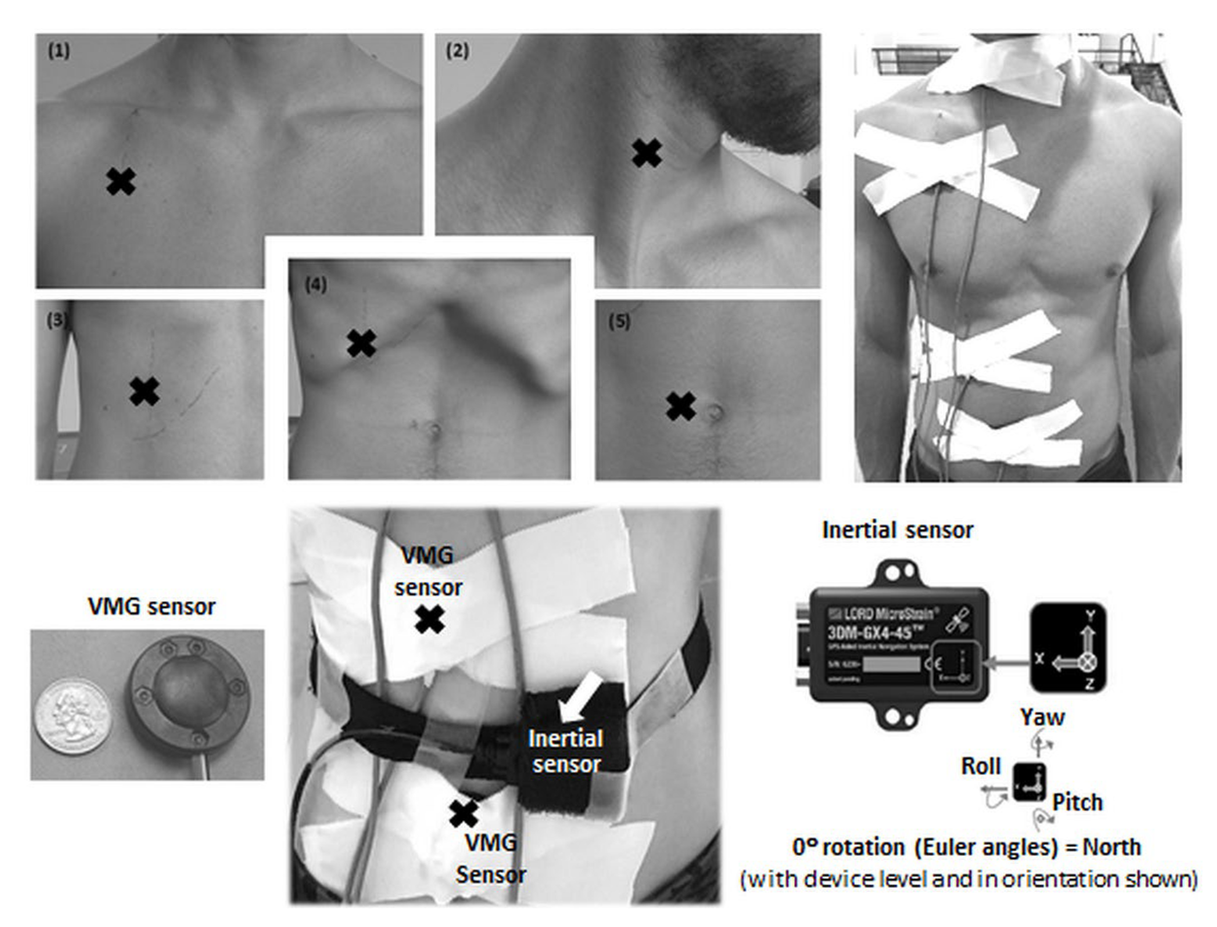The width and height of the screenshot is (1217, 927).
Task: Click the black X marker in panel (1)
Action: click(121, 182)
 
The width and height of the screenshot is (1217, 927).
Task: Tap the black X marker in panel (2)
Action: click(647, 153)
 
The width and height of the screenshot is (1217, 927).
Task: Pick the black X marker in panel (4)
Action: click(362, 343)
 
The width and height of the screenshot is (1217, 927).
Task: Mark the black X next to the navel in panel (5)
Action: click(680, 407)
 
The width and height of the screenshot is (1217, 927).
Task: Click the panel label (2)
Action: click(458, 51)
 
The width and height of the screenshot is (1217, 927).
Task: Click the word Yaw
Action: click(1042, 717)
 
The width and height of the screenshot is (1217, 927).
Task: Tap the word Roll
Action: click(981, 766)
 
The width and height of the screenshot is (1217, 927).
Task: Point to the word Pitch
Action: click(1077, 802)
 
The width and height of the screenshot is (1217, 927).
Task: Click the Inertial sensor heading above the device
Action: click(898, 530)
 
